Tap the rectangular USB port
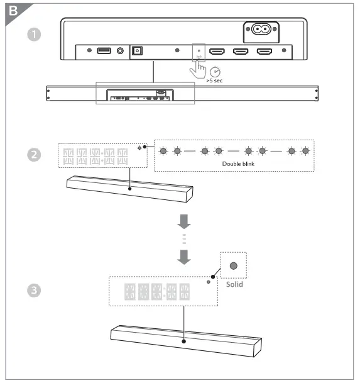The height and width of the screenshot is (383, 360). coord(104,50)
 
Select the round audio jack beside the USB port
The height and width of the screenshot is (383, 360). coord(119,50)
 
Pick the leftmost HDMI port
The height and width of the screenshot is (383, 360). coord(217,50)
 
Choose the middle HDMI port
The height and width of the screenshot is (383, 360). coord(241,50)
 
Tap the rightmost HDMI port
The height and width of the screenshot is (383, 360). coord(264,50)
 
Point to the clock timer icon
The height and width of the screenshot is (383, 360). coord(215,71)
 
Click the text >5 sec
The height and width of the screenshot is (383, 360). coord(215,81)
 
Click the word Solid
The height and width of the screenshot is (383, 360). coord(234,284)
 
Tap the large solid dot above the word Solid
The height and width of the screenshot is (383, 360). coord(234,266)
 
